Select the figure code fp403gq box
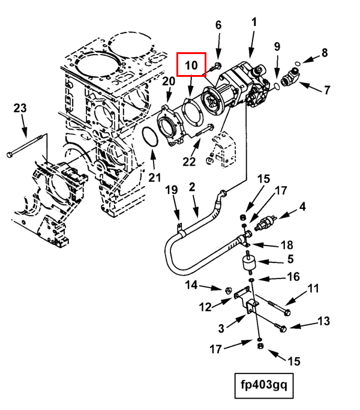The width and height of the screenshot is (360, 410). (x=265, y=387)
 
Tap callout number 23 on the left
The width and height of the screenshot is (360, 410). (x=20, y=109)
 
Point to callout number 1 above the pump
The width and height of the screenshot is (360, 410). (x=254, y=22)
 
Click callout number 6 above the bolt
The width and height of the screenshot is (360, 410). (x=218, y=25)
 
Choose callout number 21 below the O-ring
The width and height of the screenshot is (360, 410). (x=155, y=177)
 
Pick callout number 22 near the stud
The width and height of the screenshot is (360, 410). (x=190, y=160)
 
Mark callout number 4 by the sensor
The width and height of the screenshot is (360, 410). (x=302, y=207)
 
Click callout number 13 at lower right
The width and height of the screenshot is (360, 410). (x=323, y=322)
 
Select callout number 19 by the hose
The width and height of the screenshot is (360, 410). (x=172, y=191)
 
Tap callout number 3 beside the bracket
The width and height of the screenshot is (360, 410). (x=221, y=328)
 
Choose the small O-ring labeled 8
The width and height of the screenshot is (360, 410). (x=307, y=58)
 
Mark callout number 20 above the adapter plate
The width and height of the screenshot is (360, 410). (x=168, y=82)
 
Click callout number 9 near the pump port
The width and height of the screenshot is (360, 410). (x=277, y=47)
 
